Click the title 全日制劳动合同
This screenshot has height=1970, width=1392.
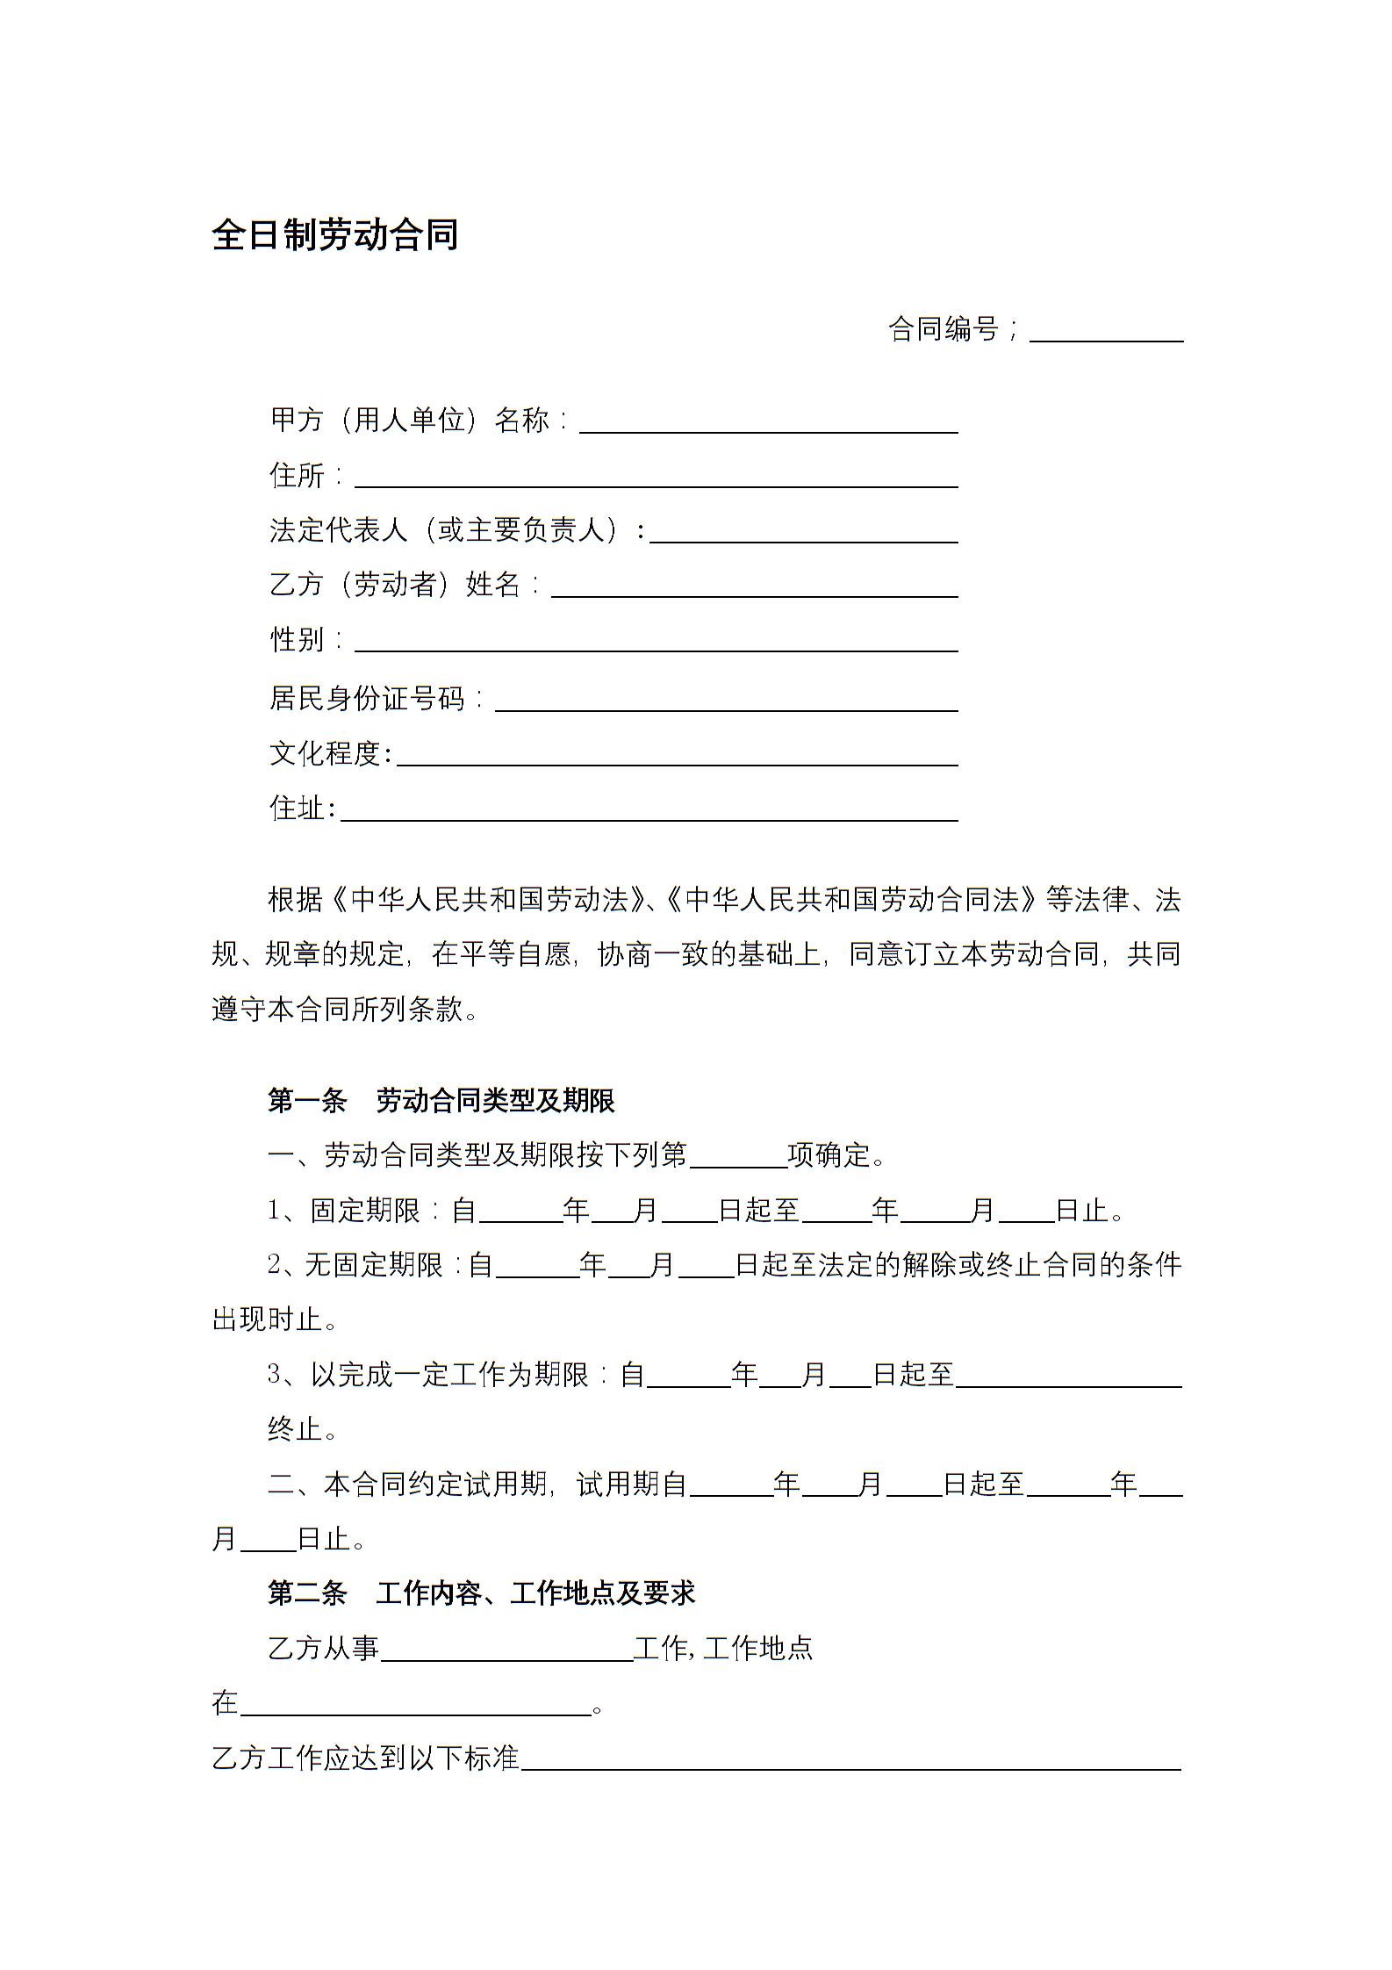tap(334, 235)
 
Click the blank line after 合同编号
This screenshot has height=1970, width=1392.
tap(1106, 332)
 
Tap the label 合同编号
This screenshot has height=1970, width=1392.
tap(944, 329)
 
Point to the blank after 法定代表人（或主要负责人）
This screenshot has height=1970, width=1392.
tap(803, 533)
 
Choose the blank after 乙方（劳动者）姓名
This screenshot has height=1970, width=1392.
tap(754, 587)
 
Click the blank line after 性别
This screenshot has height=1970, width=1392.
tap(656, 642)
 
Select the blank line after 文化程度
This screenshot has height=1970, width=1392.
tap(677, 756)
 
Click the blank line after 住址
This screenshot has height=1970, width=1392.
tap(649, 810)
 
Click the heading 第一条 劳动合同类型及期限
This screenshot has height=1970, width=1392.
tap(441, 1100)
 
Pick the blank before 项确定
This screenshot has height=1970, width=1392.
tap(739, 1158)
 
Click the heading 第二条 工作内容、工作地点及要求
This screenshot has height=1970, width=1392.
tap(481, 1593)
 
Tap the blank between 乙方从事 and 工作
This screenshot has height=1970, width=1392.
tap(507, 1651)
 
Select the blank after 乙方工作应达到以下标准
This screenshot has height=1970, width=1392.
tap(850, 1760)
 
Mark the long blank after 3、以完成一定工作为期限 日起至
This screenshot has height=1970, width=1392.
tap(1069, 1377)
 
